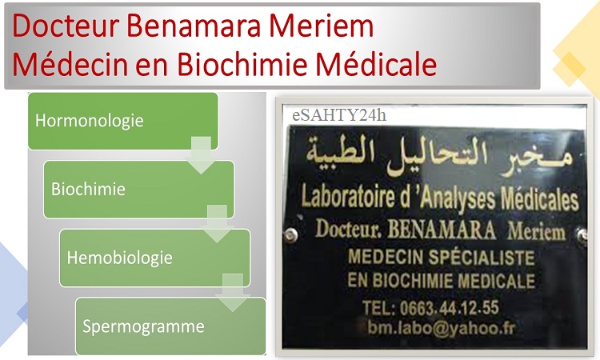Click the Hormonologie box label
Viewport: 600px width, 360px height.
coord(89,121)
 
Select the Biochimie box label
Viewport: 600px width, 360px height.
coord(88,189)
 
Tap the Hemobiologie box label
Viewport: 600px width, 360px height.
coord(119,258)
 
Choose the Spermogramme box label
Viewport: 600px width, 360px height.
coord(143,326)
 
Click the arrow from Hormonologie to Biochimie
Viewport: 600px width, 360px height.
coord(202,154)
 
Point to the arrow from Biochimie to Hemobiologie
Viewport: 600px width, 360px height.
coord(217,223)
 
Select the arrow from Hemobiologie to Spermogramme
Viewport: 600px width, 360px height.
coord(233,292)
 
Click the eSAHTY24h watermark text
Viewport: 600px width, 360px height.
coord(339,115)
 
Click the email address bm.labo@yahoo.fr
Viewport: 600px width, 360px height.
coord(441,328)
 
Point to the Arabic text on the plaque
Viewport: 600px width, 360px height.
coord(440,158)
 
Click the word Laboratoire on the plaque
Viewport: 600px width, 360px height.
coord(348,197)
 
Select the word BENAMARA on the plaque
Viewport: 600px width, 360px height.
coord(442,230)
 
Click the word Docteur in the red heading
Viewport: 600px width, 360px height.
coord(66,26)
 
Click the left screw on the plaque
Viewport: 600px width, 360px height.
coord(291,234)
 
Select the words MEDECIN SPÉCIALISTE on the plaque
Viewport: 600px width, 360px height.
coord(441,257)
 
